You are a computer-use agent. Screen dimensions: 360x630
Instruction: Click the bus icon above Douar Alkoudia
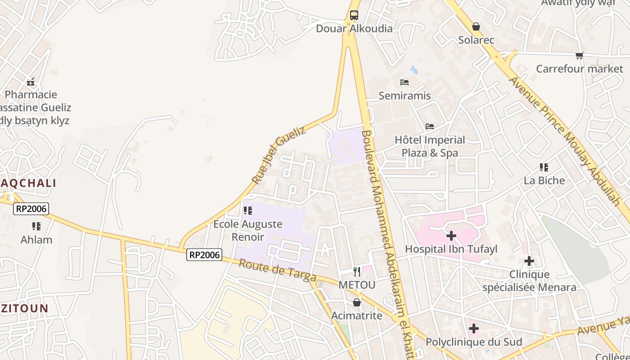coord(354,15)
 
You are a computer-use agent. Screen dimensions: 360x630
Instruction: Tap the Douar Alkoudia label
coord(354,29)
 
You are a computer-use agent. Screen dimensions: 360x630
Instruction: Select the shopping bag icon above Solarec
coord(476,27)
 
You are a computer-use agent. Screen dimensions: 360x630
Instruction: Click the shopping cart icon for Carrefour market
coord(579,56)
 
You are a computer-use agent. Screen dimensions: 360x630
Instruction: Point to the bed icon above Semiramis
coord(405,82)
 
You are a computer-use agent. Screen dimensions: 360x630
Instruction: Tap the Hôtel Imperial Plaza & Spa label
coord(430,146)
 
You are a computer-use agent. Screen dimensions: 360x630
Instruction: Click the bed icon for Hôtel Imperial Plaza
coord(430,126)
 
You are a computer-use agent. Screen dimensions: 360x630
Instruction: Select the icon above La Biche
coord(544,167)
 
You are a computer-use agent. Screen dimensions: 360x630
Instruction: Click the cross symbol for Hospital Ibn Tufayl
coord(451,236)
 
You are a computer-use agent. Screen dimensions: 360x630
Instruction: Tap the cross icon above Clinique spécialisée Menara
coord(529,261)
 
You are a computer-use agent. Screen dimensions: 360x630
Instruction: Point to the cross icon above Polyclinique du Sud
coord(474,329)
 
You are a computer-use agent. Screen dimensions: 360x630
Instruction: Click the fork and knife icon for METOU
coord(357,272)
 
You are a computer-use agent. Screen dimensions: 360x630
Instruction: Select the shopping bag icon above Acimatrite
coord(357,302)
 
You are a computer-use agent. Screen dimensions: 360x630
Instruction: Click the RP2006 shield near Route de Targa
coord(204,255)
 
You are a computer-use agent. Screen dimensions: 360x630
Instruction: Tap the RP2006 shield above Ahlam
coord(31,209)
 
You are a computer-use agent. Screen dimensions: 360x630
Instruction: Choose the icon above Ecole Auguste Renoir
coord(248,211)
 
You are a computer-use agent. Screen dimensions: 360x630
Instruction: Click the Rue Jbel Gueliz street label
coord(279,155)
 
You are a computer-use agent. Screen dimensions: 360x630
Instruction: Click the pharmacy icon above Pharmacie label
coord(31,82)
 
